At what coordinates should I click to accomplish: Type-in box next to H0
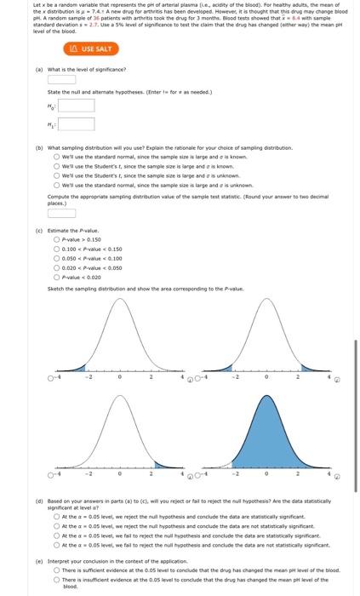point(76,106)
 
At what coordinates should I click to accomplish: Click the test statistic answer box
point(61,213)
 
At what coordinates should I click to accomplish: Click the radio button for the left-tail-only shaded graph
point(51,378)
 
